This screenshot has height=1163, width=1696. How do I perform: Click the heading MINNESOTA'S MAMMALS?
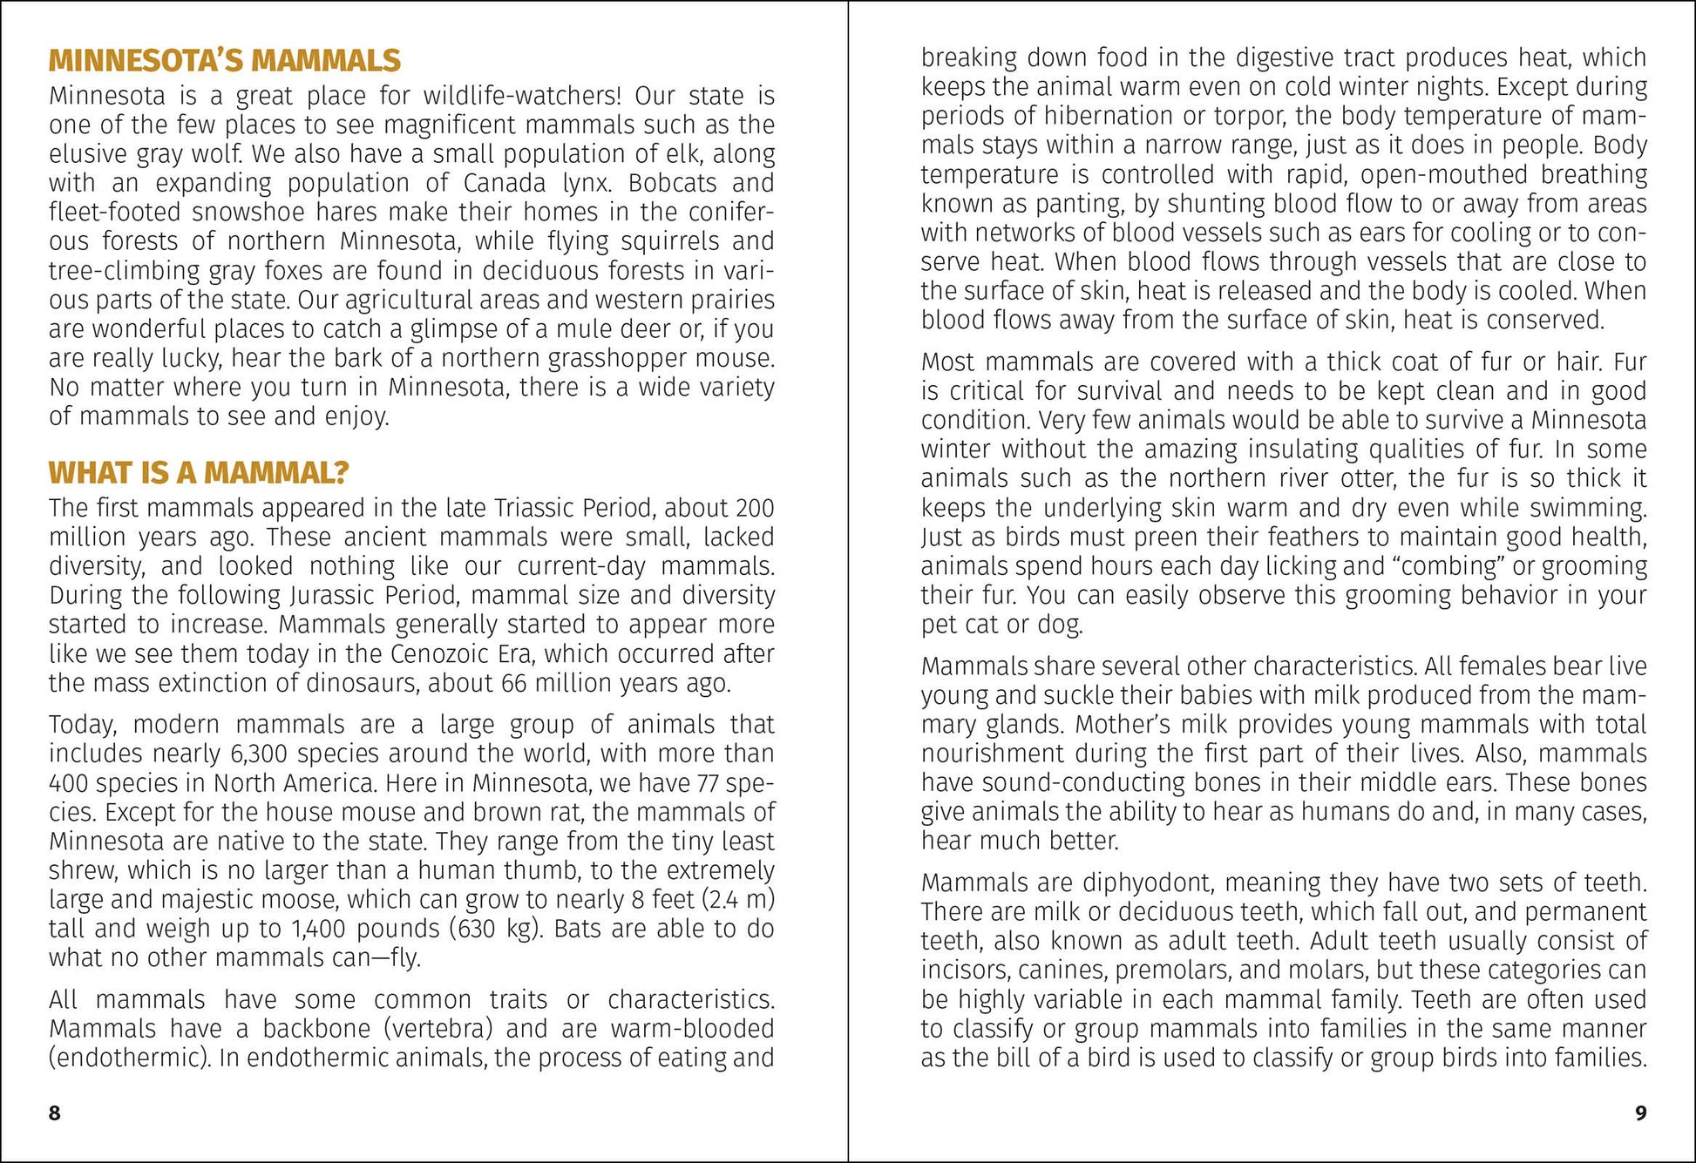click(224, 60)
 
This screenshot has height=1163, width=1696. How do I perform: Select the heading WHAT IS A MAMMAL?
click(199, 473)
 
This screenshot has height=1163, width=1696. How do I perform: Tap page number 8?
click(55, 1113)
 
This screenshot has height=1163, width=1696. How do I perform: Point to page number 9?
click(1640, 1113)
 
